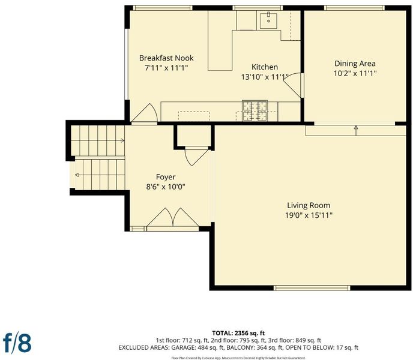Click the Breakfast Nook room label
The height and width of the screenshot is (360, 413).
(x=166, y=58)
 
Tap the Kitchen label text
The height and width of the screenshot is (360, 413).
(x=265, y=67)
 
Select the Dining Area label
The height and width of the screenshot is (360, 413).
(x=355, y=64)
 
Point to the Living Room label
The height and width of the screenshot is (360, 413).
(x=309, y=205)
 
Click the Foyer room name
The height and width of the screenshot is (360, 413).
(x=166, y=177)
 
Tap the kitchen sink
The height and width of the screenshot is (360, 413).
(x=268, y=21)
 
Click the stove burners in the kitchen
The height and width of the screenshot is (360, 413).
(x=255, y=111)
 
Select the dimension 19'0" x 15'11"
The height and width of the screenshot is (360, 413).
(x=309, y=215)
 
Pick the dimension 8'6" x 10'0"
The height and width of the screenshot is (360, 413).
(x=166, y=187)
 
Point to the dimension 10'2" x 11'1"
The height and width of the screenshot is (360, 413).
(x=355, y=73)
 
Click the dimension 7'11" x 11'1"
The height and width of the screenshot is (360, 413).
(x=166, y=68)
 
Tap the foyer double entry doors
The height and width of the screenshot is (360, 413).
(x=173, y=218)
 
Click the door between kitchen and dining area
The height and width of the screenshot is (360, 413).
(x=293, y=85)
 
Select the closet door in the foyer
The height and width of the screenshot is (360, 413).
(x=196, y=157)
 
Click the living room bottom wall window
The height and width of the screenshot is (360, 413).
(x=312, y=288)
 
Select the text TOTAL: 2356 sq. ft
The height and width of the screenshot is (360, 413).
(x=238, y=334)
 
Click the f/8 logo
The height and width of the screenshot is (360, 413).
(x=17, y=343)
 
